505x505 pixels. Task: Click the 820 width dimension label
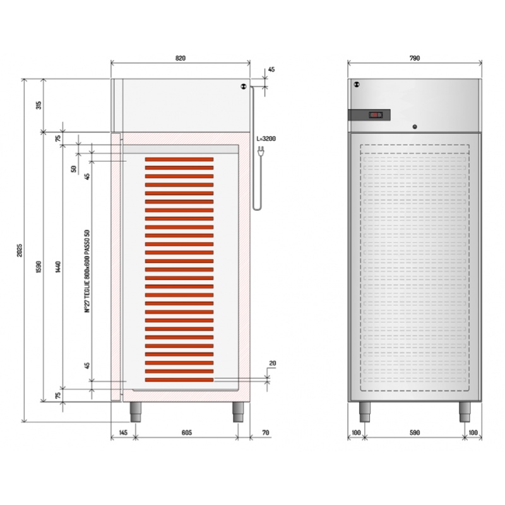click(x=181, y=58)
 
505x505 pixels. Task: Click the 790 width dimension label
click(x=415, y=58)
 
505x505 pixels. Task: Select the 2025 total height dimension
click(x=20, y=250)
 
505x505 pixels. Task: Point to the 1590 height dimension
click(x=39, y=267)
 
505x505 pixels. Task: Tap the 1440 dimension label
click(x=58, y=267)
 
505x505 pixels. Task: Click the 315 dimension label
click(x=39, y=105)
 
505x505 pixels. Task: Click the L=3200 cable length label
click(x=266, y=139)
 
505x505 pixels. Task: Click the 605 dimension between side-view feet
click(x=186, y=432)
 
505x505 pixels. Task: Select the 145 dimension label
click(x=123, y=432)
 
